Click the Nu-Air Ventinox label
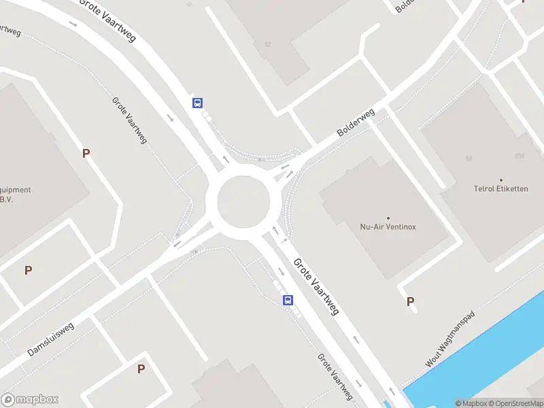pos(388,226)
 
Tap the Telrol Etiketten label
pos(501,188)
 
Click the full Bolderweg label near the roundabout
pos(356,124)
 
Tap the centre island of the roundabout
pos(243,202)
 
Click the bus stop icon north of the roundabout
pos(197,103)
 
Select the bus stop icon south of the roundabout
pos(288,300)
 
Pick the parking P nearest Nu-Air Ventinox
pos(410,301)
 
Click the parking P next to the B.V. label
pos(86,153)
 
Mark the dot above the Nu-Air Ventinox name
pos(388,218)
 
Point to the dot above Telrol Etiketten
pos(501,180)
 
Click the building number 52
pos(268,45)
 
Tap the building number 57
pos(469,158)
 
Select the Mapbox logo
pos(30,400)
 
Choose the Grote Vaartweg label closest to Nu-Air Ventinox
pos(316,286)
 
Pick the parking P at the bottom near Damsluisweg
pos(141,369)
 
